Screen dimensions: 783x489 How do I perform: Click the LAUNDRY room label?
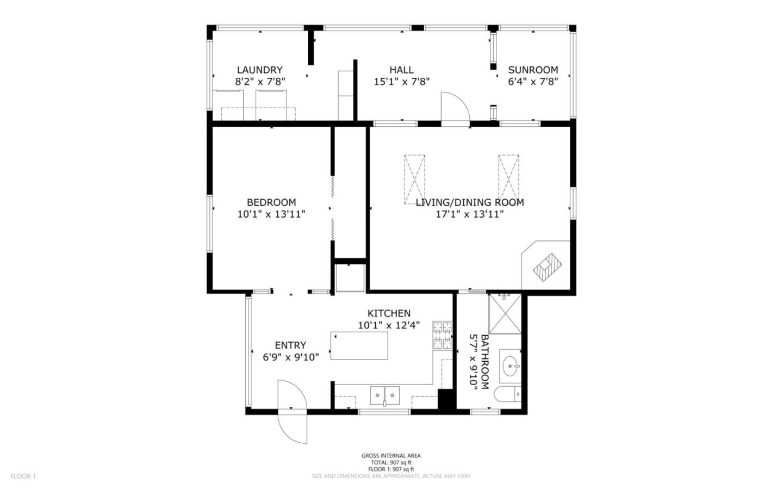click(260, 70)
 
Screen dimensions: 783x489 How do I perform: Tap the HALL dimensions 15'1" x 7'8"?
click(402, 82)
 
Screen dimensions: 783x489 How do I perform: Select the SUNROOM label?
click(533, 70)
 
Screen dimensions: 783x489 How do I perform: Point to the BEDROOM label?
click(271, 202)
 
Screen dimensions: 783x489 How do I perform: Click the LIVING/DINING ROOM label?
click(469, 202)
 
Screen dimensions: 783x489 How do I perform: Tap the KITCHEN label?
click(389, 313)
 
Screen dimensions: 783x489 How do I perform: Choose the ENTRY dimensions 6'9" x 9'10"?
click(291, 357)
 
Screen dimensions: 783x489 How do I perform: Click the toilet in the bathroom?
click(507, 394)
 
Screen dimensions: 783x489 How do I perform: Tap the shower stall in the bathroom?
click(505, 314)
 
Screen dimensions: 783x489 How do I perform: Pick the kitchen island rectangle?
click(359, 345)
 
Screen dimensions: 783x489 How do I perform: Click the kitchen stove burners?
click(443, 336)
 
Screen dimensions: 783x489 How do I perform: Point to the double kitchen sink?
click(385, 395)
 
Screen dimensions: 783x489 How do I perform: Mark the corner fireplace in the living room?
click(547, 267)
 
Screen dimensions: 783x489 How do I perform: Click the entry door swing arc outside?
click(293, 426)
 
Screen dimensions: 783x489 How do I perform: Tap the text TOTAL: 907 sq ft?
click(391, 462)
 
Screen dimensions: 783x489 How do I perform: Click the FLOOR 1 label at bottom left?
click(23, 476)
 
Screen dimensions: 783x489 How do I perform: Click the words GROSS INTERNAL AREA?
click(391, 456)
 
